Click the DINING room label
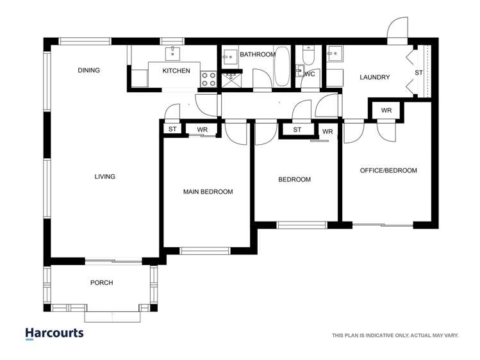89,70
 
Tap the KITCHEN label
176,70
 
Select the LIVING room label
105,177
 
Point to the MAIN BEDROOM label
208,192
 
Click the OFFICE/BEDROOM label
388,170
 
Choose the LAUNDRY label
374,78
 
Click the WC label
310,74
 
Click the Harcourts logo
54,333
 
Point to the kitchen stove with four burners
208,79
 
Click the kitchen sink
174,53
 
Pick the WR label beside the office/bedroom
386,111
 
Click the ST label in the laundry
418,72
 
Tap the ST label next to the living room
172,129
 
